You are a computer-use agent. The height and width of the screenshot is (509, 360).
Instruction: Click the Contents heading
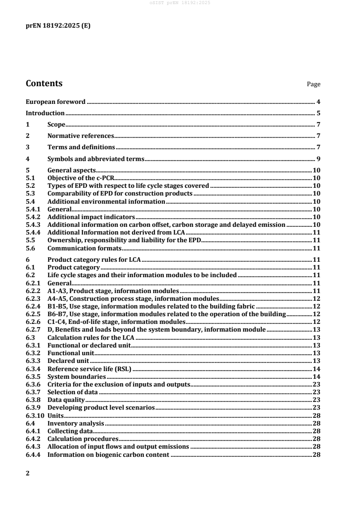(x=44, y=84)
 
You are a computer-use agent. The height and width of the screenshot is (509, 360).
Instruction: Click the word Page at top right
(x=314, y=84)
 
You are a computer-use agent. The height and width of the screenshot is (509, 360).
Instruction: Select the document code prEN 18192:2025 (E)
(x=58, y=26)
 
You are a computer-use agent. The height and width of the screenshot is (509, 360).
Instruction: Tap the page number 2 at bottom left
(x=28, y=474)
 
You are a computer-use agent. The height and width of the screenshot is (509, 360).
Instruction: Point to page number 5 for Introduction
(x=319, y=113)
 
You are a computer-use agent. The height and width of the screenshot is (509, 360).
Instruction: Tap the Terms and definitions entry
(x=81, y=147)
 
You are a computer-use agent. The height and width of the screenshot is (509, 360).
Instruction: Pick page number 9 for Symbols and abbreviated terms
(x=319, y=159)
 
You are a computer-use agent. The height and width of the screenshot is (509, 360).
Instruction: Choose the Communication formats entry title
(x=84, y=248)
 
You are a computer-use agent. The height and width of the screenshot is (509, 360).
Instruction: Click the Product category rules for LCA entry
(x=94, y=260)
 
